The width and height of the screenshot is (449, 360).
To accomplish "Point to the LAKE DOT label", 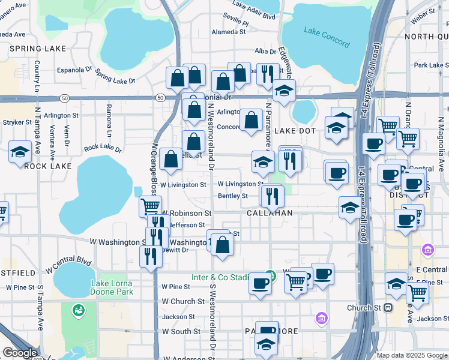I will (x=295, y=130).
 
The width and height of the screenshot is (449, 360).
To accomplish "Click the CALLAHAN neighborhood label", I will (x=270, y=213).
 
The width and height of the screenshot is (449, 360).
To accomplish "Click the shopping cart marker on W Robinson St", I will (x=149, y=206).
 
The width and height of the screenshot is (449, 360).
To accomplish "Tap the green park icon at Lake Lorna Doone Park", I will (x=78, y=310).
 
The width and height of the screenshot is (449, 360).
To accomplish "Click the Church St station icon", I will (x=388, y=308).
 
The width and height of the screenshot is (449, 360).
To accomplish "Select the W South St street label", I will (x=181, y=331).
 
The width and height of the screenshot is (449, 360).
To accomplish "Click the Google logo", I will (x=20, y=353).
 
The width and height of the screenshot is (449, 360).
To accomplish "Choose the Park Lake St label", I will (x=428, y=65).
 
